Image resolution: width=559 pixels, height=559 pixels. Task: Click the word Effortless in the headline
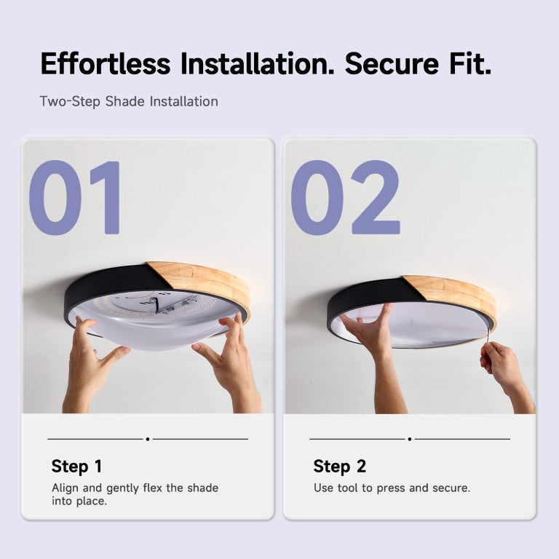[x=106, y=63]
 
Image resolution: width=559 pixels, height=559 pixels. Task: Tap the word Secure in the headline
[x=392, y=63]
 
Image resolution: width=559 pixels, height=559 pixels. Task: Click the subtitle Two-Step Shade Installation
[x=129, y=102]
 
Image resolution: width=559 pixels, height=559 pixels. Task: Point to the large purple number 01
[x=74, y=197]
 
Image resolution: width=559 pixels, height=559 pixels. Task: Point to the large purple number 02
[x=346, y=197]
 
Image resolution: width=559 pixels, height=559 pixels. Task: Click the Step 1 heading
[x=76, y=467]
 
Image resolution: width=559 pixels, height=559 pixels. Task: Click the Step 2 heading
[x=339, y=467]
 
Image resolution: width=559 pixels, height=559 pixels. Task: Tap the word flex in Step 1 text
[x=153, y=488]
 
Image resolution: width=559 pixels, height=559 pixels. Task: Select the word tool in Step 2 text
[x=348, y=488]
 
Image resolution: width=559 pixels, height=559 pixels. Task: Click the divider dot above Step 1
[x=148, y=439]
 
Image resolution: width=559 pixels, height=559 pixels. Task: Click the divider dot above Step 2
[x=410, y=439]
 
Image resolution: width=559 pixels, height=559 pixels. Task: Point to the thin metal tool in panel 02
[x=487, y=337]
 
